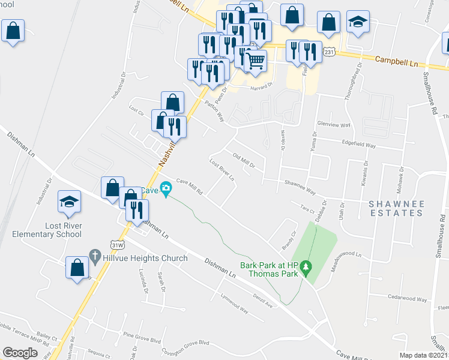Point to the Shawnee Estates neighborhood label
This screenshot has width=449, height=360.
click(397, 208)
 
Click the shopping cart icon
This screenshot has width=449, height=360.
click(256, 61)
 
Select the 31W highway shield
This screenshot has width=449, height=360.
click(118, 244)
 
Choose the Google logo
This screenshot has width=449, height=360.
click(20, 353)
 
